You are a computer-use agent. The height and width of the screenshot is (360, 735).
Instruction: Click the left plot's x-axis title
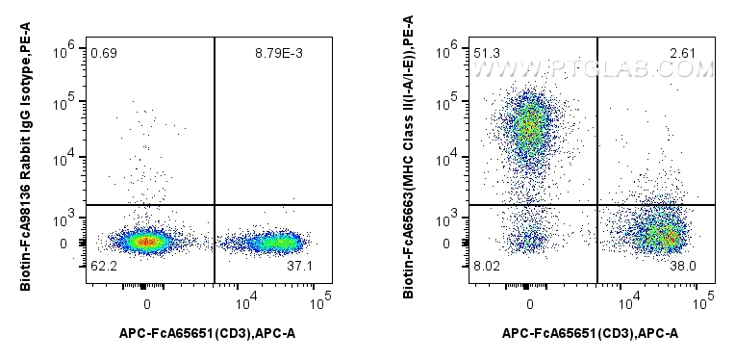[x=206, y=333]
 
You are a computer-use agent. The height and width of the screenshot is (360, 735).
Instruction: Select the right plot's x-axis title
[x=590, y=333]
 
